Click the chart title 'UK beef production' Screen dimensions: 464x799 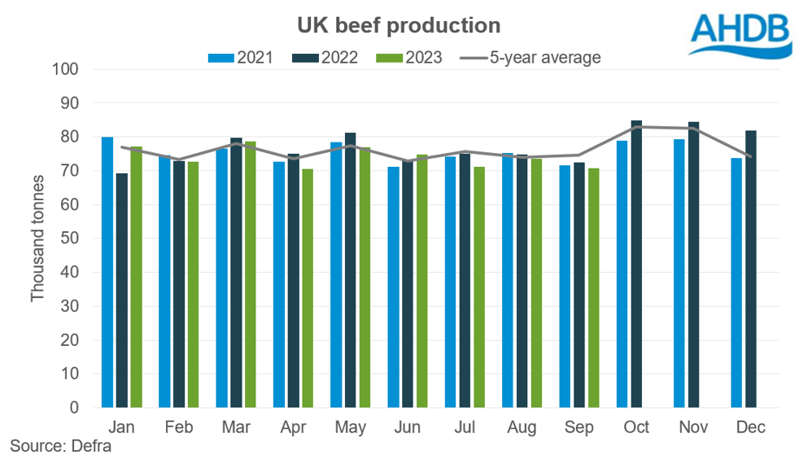click(399, 25)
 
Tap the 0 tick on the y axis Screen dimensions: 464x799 click(72, 407)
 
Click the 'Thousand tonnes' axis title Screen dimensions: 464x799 click(38, 239)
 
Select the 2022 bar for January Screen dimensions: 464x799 click(122, 290)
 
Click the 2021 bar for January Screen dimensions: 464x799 click(107, 272)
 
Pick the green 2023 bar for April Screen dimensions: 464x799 click(308, 288)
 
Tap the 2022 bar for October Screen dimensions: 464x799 click(636, 264)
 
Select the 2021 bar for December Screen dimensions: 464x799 click(736, 282)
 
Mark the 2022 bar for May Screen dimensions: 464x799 click(351, 269)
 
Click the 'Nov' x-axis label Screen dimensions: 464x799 click(694, 427)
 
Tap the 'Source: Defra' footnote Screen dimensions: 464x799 click(60, 446)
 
